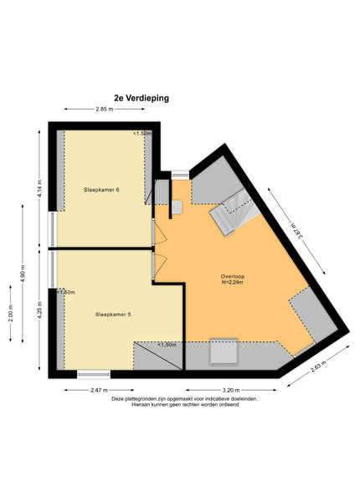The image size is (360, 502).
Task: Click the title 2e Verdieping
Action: point(141,98)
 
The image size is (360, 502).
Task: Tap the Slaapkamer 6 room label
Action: point(101,190)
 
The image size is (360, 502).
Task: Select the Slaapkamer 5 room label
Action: point(113,315)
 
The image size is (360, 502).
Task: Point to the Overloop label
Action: point(233,276)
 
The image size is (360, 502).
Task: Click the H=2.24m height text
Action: point(233,282)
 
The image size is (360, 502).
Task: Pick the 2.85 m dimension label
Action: point(105,109)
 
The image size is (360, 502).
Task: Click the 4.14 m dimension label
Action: point(39,189)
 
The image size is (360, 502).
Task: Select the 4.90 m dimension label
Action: point(23,274)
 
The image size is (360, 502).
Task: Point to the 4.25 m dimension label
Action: point(39,310)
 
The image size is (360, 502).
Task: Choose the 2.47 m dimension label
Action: point(99,390)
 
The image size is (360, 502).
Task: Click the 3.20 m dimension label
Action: point(231,390)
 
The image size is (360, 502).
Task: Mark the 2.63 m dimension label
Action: point(319,367)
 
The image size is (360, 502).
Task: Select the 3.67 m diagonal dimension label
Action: point(297,231)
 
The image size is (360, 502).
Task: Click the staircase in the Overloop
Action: point(234,212)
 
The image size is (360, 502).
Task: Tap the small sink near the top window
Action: point(177,207)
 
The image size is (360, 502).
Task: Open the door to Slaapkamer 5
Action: point(159,266)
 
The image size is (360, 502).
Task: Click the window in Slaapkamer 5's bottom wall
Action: point(94,374)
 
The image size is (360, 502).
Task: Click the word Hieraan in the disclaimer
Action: point(140,404)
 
